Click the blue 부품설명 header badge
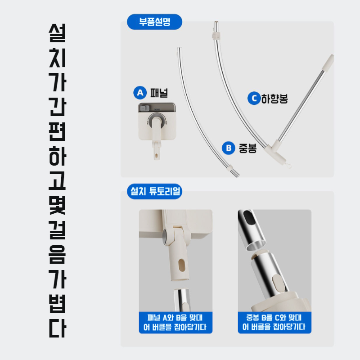[154, 22]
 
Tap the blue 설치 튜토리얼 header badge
[154, 192]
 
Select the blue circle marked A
[140, 93]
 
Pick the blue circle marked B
[229, 148]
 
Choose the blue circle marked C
[254, 98]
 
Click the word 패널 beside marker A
[158, 93]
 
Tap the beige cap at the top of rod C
[330, 60]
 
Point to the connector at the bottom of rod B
[234, 171]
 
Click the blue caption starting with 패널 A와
[175, 321]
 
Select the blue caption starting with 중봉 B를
[274, 321]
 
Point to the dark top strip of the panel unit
[156, 108]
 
